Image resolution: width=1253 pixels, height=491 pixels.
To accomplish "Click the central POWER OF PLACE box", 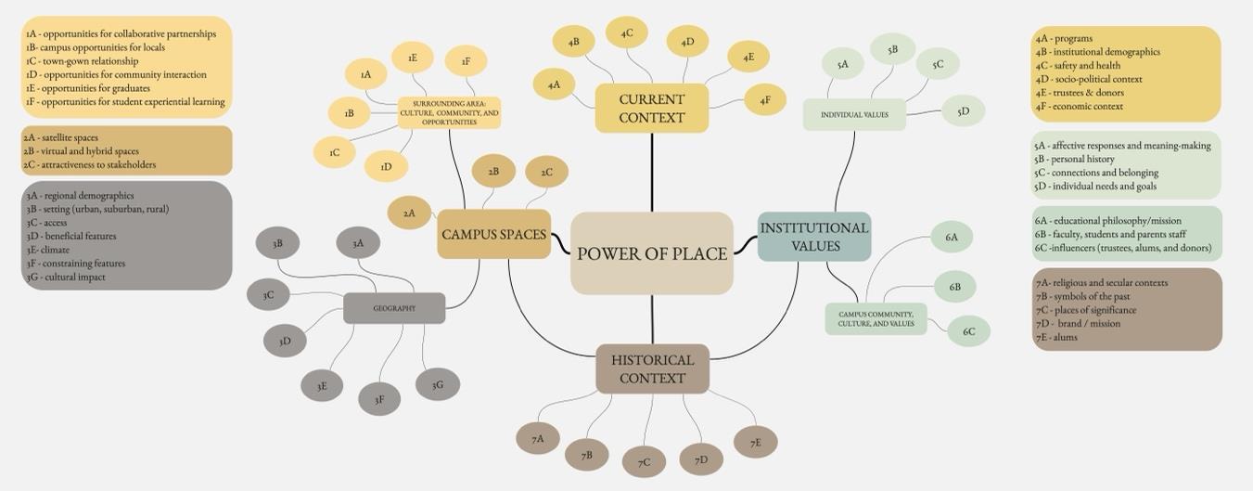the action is [651, 253].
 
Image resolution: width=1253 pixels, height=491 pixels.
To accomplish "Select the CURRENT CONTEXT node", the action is [651, 109].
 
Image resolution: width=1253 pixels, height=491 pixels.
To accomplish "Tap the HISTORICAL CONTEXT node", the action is [652, 368].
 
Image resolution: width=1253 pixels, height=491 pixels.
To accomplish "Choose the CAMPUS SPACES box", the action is [493, 235].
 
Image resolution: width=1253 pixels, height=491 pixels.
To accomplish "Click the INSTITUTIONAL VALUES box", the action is [814, 237].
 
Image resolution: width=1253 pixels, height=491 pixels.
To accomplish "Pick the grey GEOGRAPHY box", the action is [394, 308].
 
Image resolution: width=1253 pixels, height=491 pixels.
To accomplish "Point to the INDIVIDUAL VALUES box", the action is [854, 115].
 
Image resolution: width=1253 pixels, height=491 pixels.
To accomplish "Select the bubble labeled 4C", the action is [627, 32].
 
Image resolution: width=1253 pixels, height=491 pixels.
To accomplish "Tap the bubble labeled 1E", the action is [413, 58].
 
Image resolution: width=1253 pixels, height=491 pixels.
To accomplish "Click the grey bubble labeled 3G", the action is [438, 384].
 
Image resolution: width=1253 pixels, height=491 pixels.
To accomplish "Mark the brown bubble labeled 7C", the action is [644, 462].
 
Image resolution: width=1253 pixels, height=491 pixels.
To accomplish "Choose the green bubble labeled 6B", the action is [954, 287].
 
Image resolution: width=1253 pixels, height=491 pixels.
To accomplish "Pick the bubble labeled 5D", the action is [963, 111].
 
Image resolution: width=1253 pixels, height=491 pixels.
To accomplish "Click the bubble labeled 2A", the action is [409, 213].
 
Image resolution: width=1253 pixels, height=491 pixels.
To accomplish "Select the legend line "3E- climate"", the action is [47, 250].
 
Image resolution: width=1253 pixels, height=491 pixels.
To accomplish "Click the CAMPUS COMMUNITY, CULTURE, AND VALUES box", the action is [876, 319].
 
